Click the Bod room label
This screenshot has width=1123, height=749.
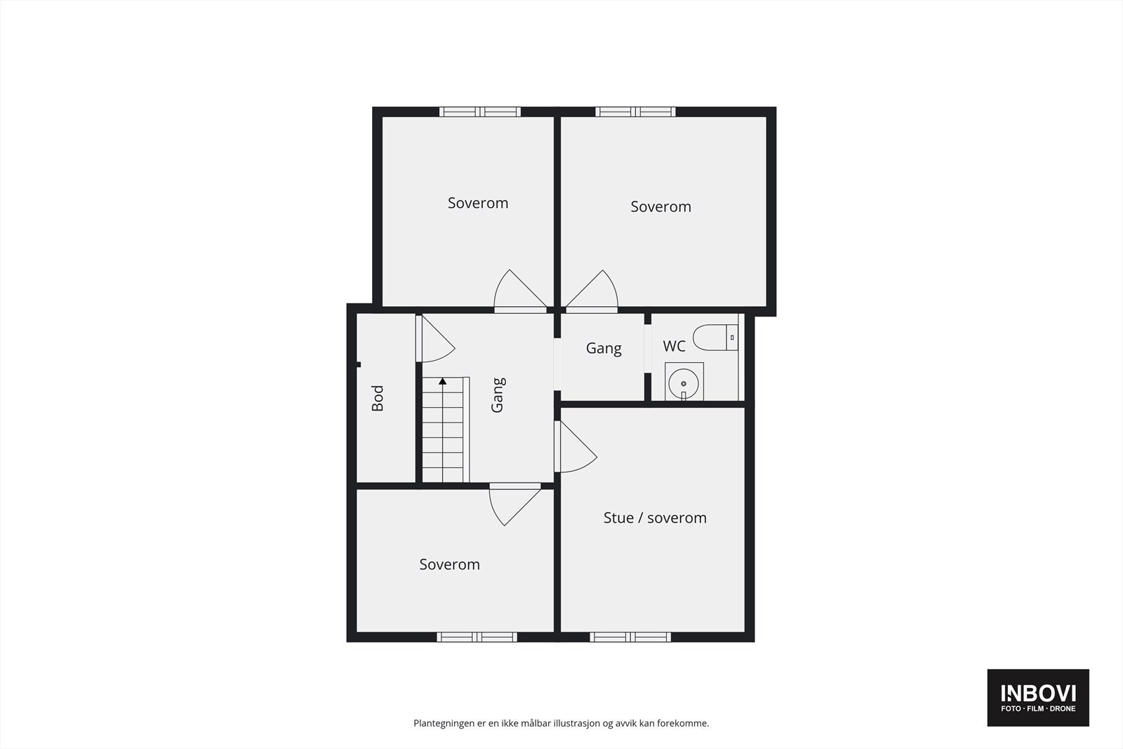point(378,398)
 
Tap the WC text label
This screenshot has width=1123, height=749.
point(674,346)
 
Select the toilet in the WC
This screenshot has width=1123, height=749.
point(715,338)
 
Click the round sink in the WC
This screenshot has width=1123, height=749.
point(684,383)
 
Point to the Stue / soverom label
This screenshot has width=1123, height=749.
point(655,518)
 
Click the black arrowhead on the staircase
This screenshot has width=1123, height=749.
point(443,382)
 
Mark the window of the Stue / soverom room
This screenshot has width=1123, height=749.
point(630,637)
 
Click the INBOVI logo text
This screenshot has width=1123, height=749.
point(1038,694)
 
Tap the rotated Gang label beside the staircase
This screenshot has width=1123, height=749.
point(498,395)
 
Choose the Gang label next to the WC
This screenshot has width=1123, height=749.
point(604,348)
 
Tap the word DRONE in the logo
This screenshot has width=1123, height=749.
point(1062,709)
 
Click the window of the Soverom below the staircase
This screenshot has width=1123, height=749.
point(477,637)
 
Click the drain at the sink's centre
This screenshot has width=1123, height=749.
point(684,384)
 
